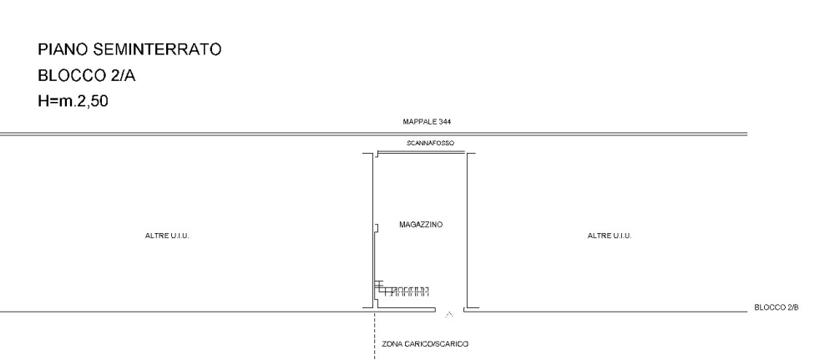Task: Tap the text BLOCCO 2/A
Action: (x=87, y=76)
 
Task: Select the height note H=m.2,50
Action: (x=73, y=101)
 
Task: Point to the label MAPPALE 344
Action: (x=427, y=122)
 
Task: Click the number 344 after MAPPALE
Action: (x=445, y=122)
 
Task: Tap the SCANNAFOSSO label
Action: (x=430, y=144)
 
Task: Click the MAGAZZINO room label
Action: (x=421, y=225)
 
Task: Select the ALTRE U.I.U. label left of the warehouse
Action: (x=167, y=236)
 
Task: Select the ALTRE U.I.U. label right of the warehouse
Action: (x=610, y=236)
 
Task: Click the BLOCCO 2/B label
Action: (x=777, y=307)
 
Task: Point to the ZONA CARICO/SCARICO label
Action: (x=425, y=344)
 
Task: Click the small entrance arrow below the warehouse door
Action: (x=449, y=314)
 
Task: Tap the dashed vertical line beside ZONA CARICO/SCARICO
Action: (x=374, y=336)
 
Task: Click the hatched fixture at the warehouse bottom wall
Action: (x=402, y=289)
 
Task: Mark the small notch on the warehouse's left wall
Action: (x=377, y=228)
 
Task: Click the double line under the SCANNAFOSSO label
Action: (x=421, y=153)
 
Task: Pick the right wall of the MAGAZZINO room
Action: (x=467, y=231)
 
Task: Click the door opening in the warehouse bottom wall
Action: (x=449, y=310)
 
